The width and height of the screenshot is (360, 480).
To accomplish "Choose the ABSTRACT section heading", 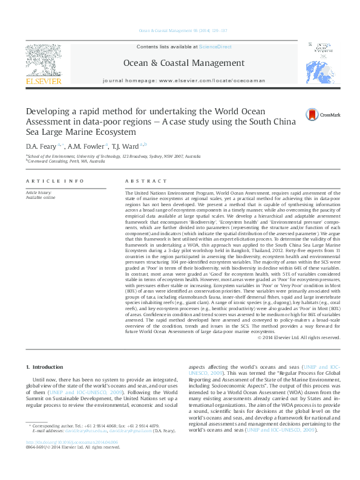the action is pos(146,181).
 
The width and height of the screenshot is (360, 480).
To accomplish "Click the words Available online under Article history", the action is pos(41,197).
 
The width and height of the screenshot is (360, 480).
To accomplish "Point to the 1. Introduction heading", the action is pos(46,367).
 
